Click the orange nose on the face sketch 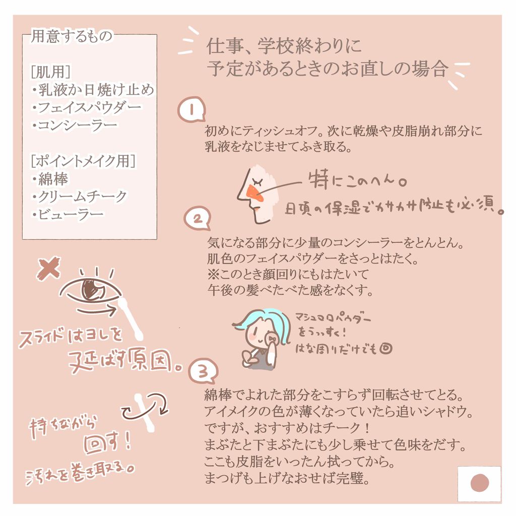point(253,193)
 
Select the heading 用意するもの point(72,36)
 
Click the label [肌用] point(50,72)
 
